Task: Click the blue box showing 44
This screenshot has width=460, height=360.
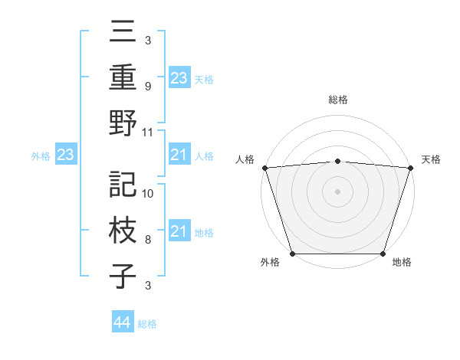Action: point(122,322)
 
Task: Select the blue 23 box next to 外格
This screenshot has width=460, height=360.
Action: point(65,155)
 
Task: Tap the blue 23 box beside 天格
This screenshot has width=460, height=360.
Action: point(179,77)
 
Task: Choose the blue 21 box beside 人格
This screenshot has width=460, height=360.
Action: point(179,155)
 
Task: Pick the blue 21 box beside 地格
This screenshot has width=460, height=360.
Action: point(179,231)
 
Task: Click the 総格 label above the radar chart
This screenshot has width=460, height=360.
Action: point(337,100)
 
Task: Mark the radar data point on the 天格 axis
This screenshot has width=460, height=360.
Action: point(410,168)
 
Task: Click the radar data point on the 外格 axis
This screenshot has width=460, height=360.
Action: point(292,253)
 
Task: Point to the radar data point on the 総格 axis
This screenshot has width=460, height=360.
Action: point(337,161)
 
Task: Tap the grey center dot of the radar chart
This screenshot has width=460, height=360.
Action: point(337,191)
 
